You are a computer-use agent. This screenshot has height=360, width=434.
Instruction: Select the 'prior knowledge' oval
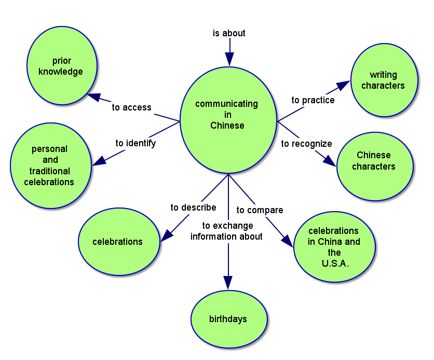[x=61, y=66]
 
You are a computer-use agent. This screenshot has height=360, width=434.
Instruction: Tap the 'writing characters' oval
[x=384, y=80]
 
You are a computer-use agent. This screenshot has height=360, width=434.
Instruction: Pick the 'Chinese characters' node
[x=374, y=161]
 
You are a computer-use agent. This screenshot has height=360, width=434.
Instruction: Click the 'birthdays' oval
[x=228, y=319]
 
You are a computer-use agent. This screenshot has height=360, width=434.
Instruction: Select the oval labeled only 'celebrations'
[x=118, y=241]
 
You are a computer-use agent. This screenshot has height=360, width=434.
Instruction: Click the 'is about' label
[x=229, y=33]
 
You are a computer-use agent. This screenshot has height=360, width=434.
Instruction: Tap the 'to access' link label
[x=132, y=107]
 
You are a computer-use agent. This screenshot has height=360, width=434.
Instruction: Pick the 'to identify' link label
[x=135, y=143]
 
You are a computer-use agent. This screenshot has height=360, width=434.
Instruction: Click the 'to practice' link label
[x=313, y=100]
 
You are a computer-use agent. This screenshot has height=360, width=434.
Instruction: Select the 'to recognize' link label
[x=306, y=144]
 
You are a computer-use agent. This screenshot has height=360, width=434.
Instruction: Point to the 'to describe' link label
[x=193, y=207]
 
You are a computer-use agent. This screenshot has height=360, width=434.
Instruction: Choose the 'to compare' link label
[x=260, y=210]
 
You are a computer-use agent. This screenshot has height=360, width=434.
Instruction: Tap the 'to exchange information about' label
[x=227, y=231]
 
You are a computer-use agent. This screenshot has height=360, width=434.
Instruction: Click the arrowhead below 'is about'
[x=228, y=59]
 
